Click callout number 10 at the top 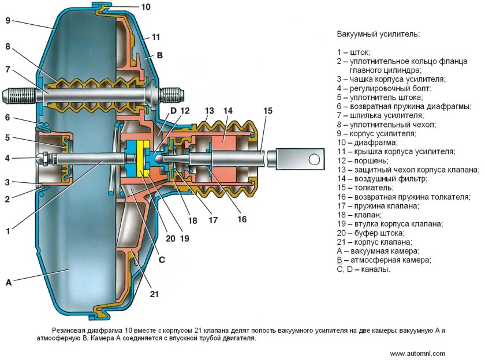(145, 7)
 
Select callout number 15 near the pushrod (267, 110)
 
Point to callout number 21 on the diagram (154, 294)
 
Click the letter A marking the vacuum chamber (8, 282)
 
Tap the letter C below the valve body (162, 260)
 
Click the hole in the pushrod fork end (314, 157)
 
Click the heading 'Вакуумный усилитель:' (378, 34)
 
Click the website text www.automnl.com (417, 353)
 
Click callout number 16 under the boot (241, 219)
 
